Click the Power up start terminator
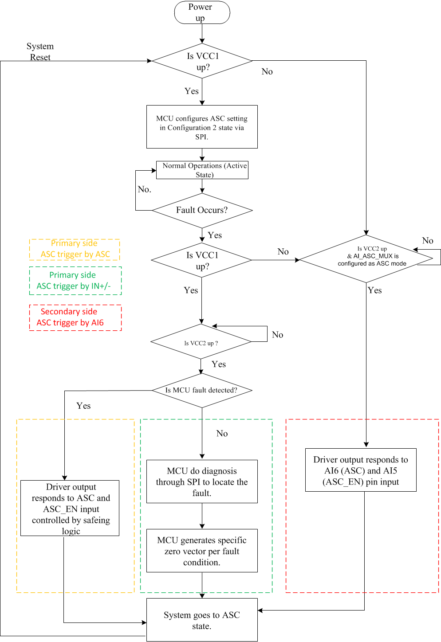pyautogui.click(x=202, y=12)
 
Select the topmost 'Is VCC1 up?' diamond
pyautogui.click(x=202, y=61)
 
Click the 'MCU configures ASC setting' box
pyautogui.click(x=202, y=127)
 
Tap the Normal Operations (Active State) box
pyautogui.click(x=202, y=170)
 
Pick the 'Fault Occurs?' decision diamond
pyautogui.click(x=202, y=210)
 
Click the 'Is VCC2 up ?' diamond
pyautogui.click(x=201, y=342)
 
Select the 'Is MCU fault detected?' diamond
pyautogui.click(x=202, y=390)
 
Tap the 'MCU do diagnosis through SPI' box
pyautogui.click(x=202, y=481)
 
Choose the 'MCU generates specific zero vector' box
pyautogui.click(x=202, y=551)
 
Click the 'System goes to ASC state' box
pyautogui.click(x=202, y=620)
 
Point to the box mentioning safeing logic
pyautogui.click(x=70, y=508)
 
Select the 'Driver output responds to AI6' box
pyautogui.click(x=361, y=470)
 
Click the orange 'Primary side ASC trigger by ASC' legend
pyautogui.click(x=75, y=249)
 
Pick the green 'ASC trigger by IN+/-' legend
pyautogui.click(x=75, y=281)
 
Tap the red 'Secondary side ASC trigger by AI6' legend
pyautogui.click(x=75, y=317)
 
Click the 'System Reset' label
pyautogui.click(x=40, y=52)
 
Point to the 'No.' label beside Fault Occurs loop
pyautogui.click(x=145, y=189)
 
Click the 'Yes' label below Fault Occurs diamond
pyautogui.click(x=215, y=235)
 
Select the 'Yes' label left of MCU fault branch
pyautogui.click(x=83, y=406)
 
